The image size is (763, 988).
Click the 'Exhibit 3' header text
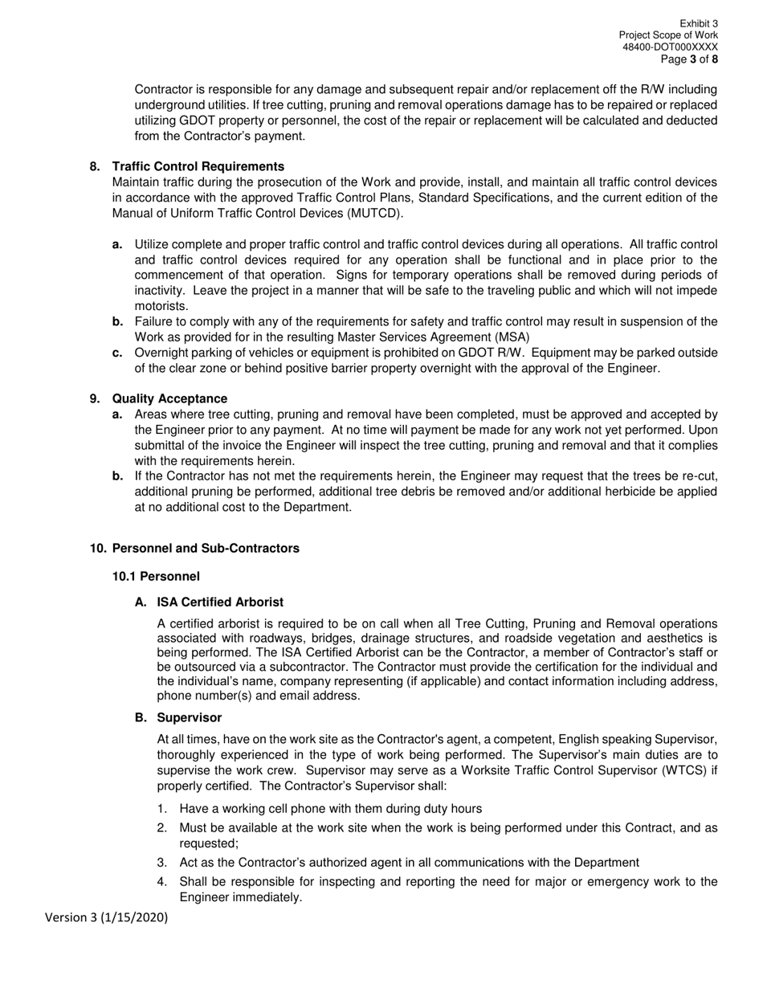pyautogui.click(x=698, y=24)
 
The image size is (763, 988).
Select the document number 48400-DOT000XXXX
pyautogui.click(x=670, y=47)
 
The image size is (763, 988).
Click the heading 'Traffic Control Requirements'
pyautogui.click(x=198, y=166)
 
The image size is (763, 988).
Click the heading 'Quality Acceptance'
pyautogui.click(x=169, y=398)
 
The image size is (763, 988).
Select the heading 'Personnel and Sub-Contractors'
pyautogui.click(x=206, y=548)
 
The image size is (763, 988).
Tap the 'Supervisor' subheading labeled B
pyautogui.click(x=190, y=717)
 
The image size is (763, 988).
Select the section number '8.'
pyautogui.click(x=95, y=166)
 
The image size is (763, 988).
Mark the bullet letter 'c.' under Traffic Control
pyautogui.click(x=117, y=353)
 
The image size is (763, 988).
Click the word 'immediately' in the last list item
pyautogui.click(x=264, y=897)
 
